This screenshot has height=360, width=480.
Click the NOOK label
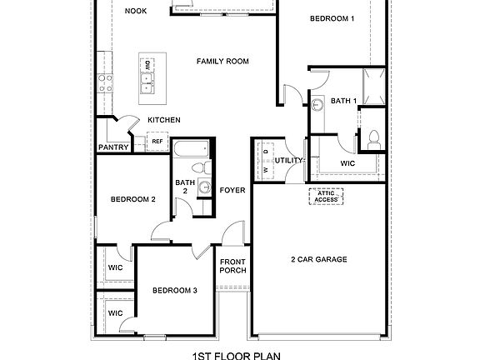click(135, 11)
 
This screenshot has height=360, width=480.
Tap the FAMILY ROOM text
click(222, 61)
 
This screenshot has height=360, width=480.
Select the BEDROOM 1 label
click(332, 18)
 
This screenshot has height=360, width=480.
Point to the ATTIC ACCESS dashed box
click(326, 197)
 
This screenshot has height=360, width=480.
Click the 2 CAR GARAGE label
click(319, 259)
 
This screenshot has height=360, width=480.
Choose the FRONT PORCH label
click(232, 267)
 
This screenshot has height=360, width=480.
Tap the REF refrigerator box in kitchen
click(157, 142)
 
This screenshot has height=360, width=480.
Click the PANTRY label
click(112, 147)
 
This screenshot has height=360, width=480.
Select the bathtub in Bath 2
click(192, 151)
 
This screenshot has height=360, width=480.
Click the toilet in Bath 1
click(373, 138)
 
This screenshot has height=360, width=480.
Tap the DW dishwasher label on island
click(146, 64)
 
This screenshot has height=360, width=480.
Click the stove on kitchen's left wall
click(106, 82)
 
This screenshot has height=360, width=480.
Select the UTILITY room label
click(290, 160)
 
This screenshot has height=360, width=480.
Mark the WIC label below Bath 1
click(347, 163)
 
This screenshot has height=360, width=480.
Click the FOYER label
click(232, 190)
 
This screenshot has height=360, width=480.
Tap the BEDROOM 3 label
click(174, 290)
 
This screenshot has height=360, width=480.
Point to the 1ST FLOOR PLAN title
click(237, 354)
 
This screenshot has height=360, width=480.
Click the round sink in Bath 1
click(317, 106)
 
